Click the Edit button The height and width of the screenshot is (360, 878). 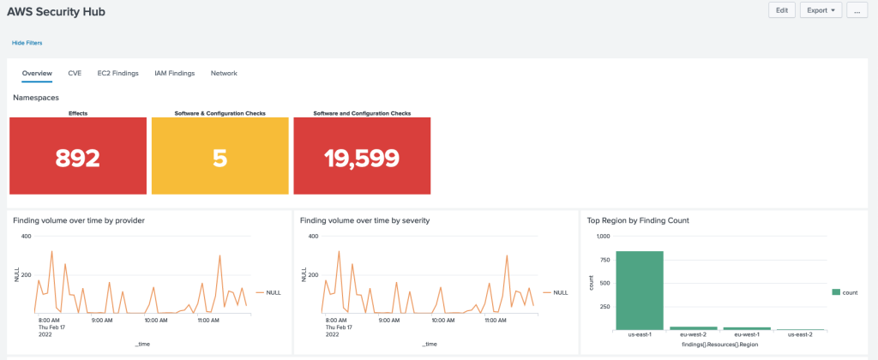[x=781, y=10]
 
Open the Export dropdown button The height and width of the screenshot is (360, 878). [x=821, y=10]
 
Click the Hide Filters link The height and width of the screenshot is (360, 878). [x=27, y=42]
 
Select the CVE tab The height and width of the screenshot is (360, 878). [x=75, y=74]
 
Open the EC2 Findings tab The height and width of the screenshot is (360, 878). [x=117, y=74]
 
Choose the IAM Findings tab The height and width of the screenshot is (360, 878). [x=174, y=74]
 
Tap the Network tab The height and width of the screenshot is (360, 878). [x=224, y=74]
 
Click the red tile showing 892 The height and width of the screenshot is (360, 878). [x=78, y=157]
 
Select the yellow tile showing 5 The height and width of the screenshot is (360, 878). [x=220, y=157]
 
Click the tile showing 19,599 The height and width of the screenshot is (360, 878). [x=362, y=157]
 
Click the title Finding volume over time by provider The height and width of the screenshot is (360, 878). [x=79, y=220]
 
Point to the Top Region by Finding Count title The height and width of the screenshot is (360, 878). [x=638, y=220]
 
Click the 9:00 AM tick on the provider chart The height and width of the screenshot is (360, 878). [x=102, y=321]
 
